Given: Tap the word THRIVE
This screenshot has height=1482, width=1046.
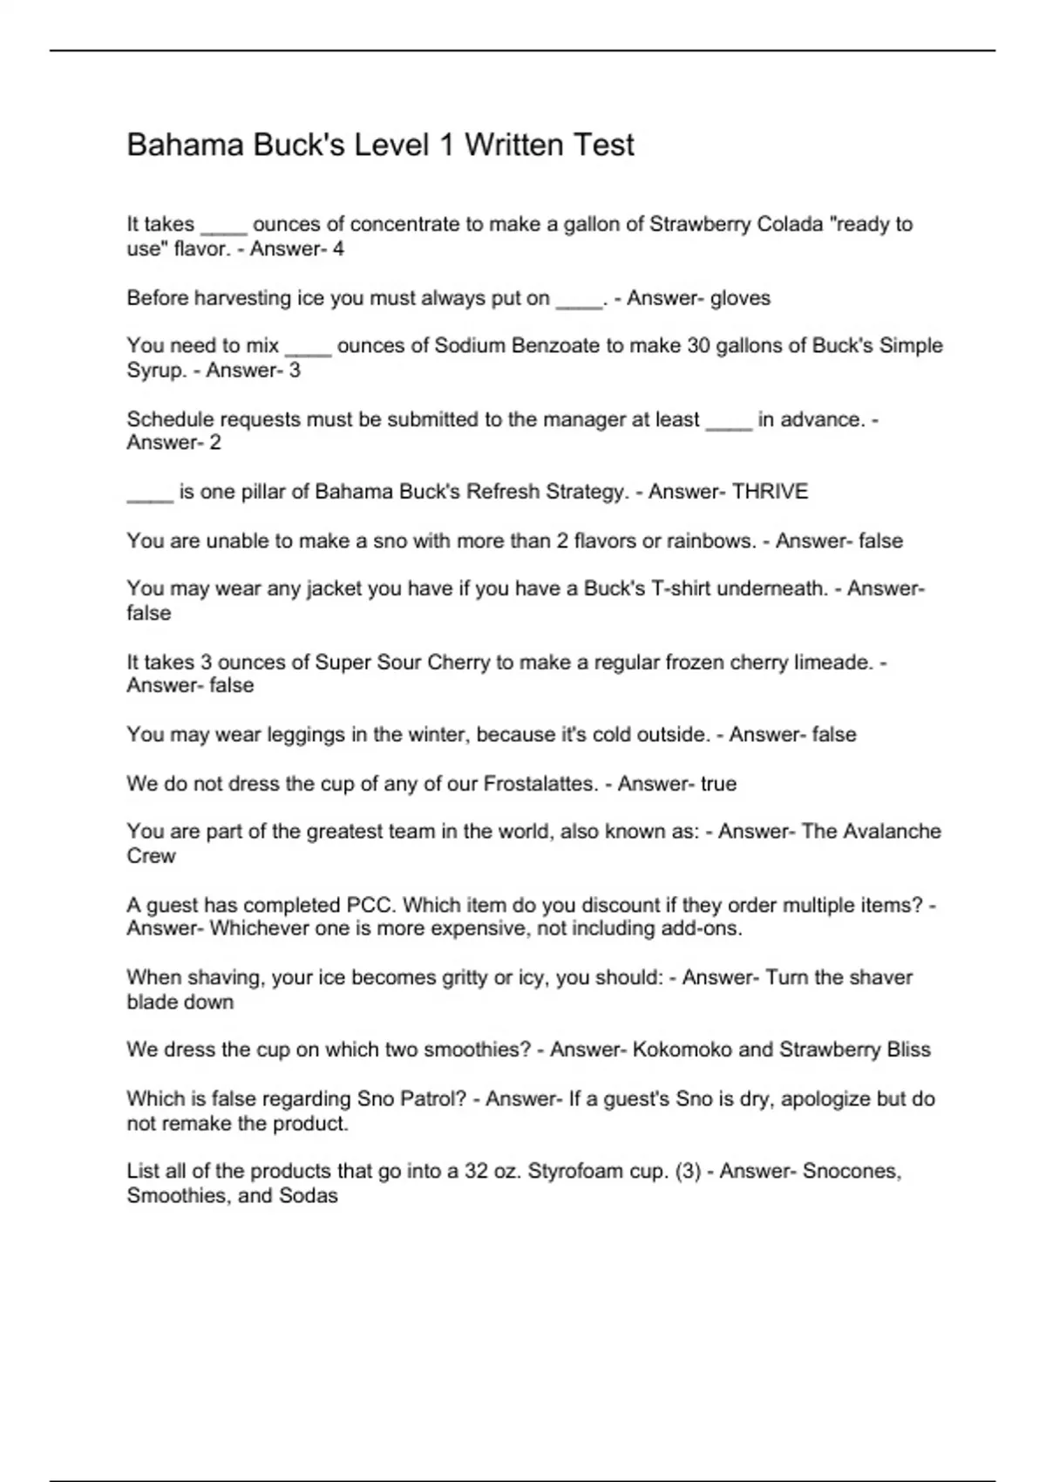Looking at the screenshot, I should point(770,492).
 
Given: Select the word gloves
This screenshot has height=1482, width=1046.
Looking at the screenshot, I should point(740,298).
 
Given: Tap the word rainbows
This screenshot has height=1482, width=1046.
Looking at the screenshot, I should point(710,540).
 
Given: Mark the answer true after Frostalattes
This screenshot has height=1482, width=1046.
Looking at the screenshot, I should point(718,784).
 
